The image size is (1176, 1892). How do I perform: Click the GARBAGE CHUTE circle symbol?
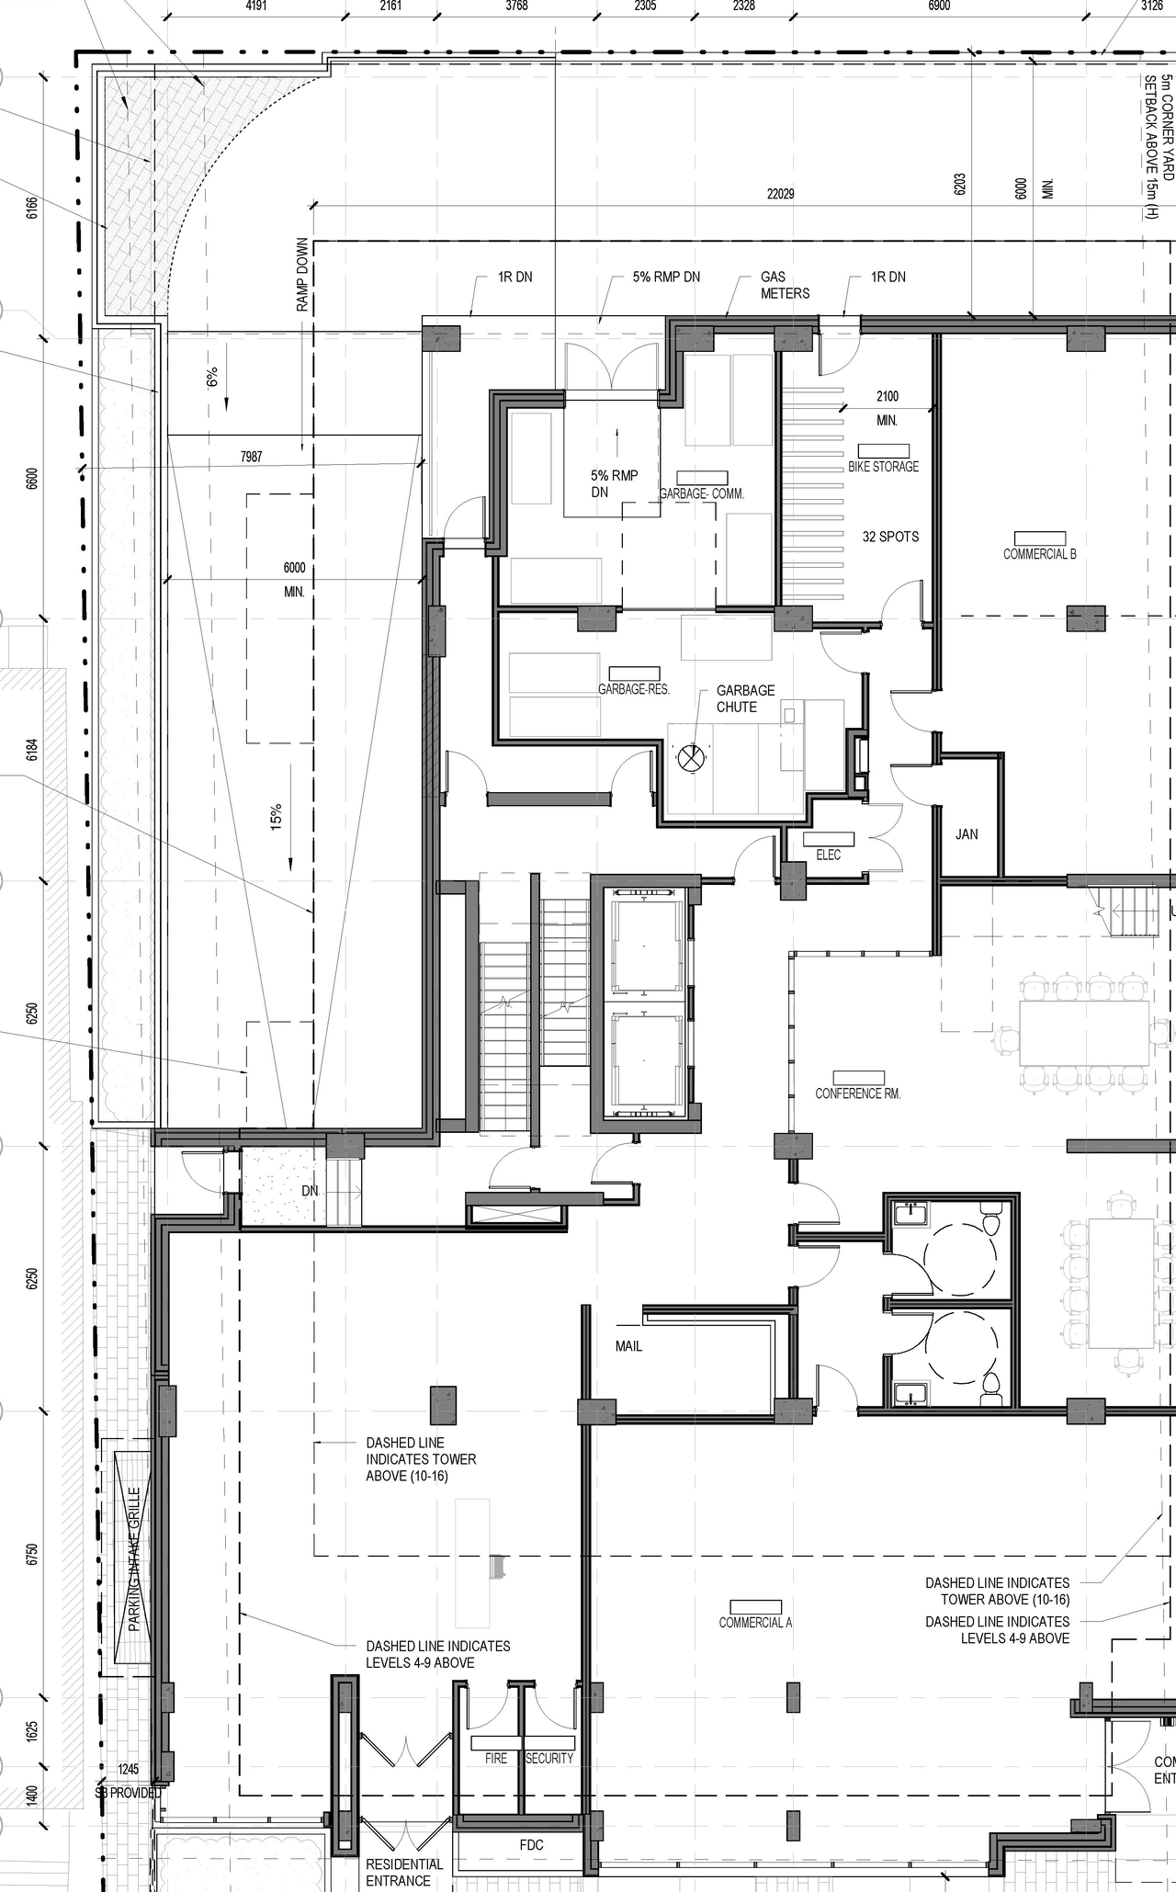[x=690, y=758]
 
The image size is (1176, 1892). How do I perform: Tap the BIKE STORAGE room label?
[x=883, y=466]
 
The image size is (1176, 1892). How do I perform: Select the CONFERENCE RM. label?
[x=857, y=1093]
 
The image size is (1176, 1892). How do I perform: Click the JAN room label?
[x=967, y=834]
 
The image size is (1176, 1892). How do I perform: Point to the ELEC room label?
[x=828, y=855]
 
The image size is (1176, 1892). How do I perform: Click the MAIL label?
[x=628, y=1346]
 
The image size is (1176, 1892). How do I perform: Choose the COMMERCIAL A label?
[x=755, y=1622]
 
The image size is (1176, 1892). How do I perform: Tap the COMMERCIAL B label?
[x=1039, y=554]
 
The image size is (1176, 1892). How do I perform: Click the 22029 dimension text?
[x=780, y=194]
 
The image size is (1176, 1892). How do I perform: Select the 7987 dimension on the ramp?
[x=251, y=457]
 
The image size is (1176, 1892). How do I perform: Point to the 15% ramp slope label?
[x=276, y=817]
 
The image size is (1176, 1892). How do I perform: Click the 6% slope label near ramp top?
[x=212, y=378]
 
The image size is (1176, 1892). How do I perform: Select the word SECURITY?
[x=549, y=1758]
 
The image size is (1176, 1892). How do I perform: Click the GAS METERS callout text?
[x=785, y=285]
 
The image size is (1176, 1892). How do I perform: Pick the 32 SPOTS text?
[x=890, y=537]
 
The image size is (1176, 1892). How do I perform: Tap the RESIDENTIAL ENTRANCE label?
[x=404, y=1872]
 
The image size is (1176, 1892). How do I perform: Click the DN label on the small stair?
[x=310, y=1191]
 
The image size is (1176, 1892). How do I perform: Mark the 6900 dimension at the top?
[x=939, y=6]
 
